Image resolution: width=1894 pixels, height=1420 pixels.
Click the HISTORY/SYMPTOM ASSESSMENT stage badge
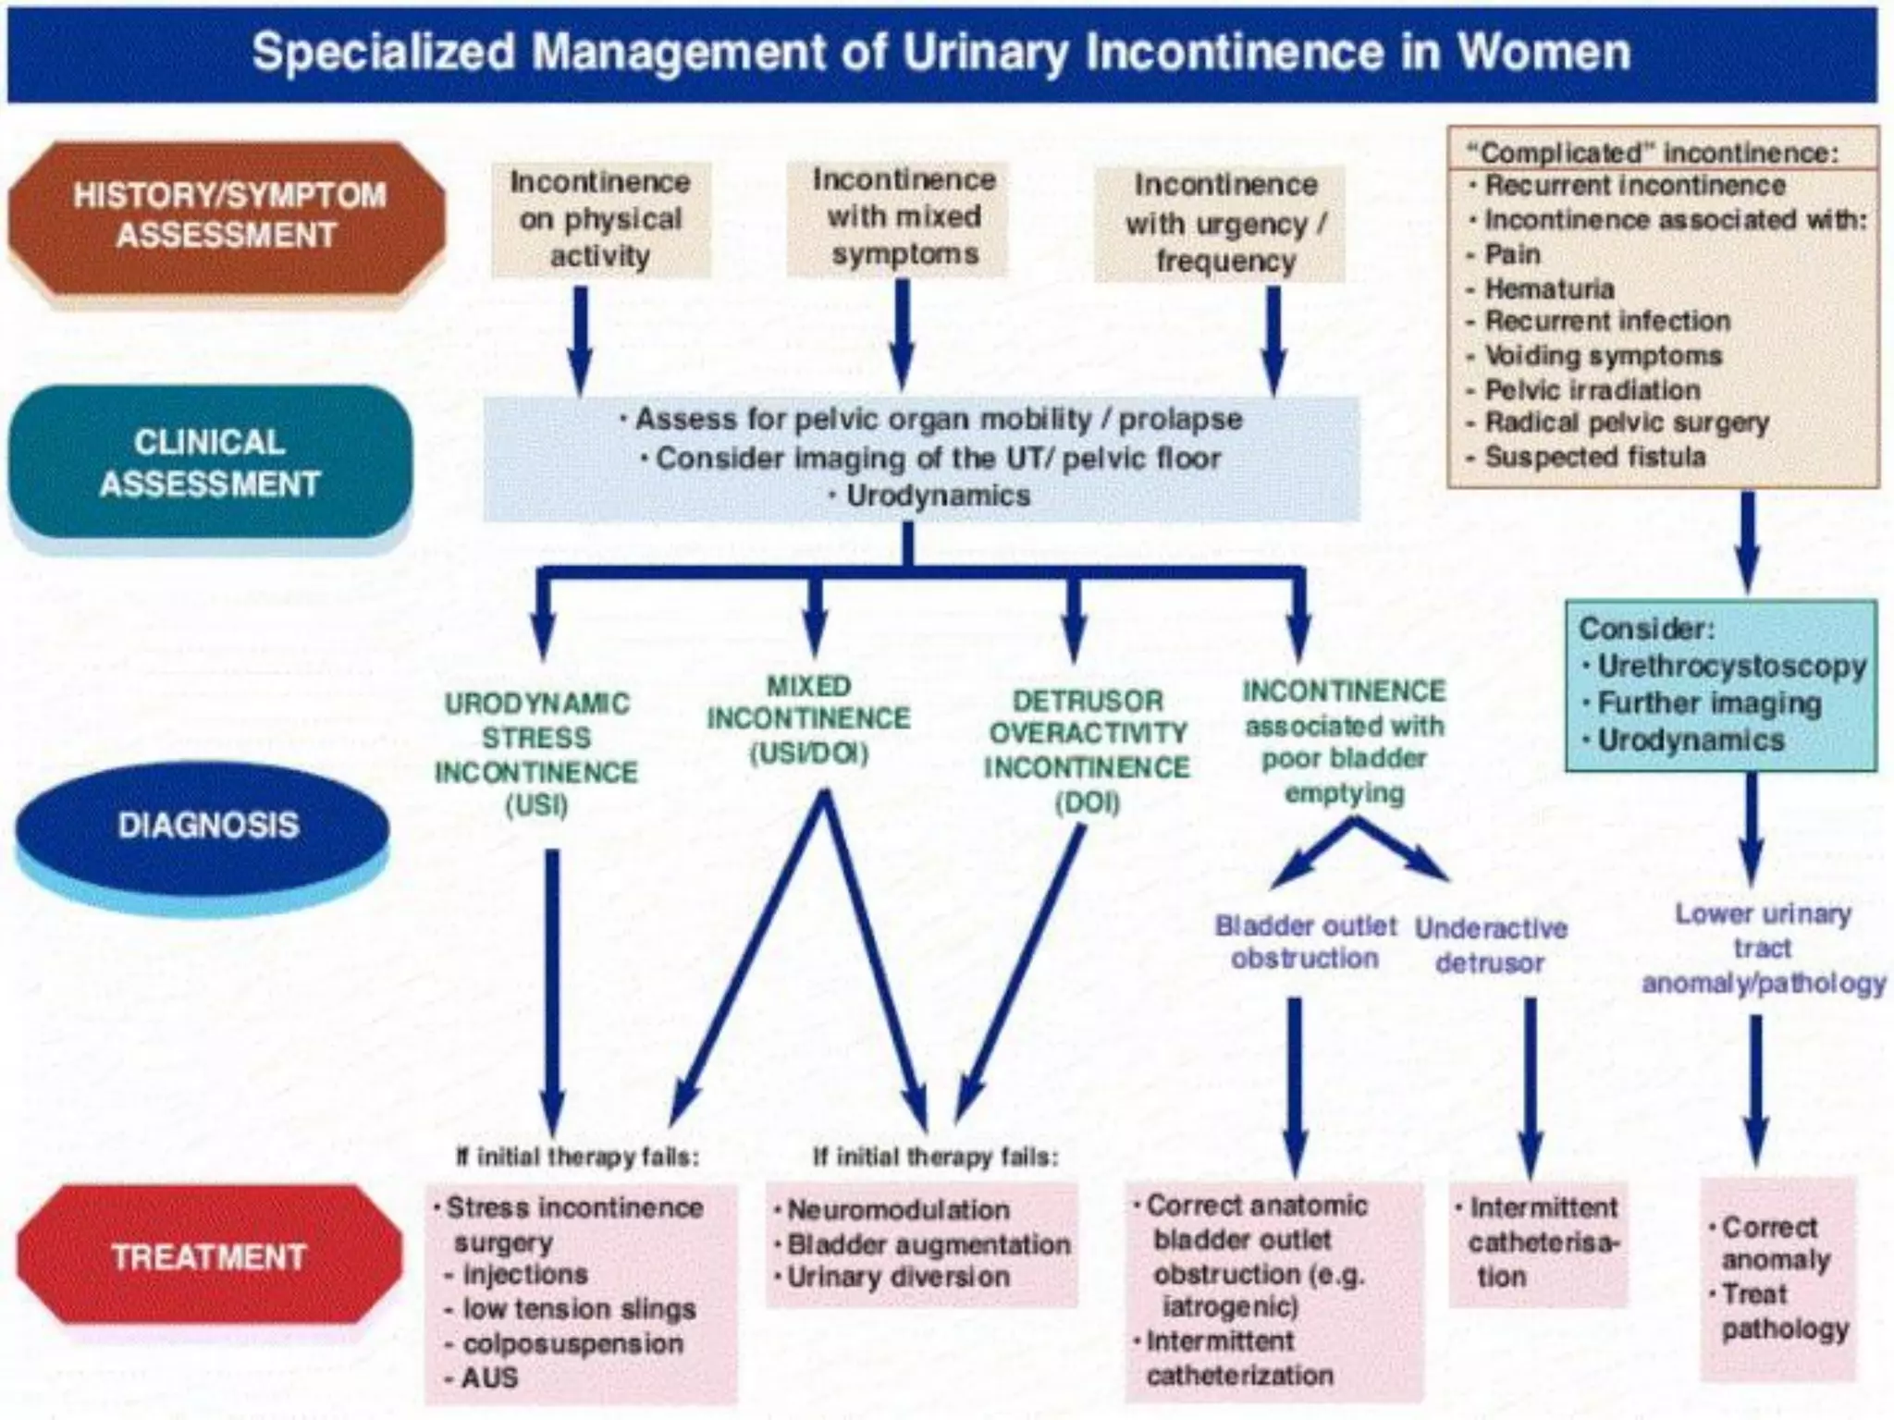[227, 216]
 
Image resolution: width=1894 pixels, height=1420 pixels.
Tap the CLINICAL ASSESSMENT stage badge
[210, 462]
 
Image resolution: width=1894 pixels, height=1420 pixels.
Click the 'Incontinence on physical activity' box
[600, 219]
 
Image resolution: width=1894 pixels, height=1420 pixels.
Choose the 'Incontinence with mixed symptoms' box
[904, 217]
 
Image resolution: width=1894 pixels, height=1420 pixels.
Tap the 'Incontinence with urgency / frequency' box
[1224, 224]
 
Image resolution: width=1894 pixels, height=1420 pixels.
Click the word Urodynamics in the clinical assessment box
[938, 496]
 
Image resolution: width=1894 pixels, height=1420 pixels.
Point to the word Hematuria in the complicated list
[1549, 288]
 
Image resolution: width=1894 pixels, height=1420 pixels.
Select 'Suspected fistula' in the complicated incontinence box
[1594, 457]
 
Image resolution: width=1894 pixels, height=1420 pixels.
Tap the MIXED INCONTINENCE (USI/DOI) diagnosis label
[808, 720]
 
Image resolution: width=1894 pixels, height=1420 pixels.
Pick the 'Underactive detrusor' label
[1490, 945]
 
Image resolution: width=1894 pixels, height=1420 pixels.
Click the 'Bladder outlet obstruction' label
[1305, 942]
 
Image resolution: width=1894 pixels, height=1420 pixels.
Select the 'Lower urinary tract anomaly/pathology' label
[1763, 949]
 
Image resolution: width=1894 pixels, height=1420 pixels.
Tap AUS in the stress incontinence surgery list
[489, 1377]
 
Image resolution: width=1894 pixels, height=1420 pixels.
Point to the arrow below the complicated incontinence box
[1746, 542]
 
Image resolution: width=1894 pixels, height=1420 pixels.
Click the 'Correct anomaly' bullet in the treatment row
[1770, 1243]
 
